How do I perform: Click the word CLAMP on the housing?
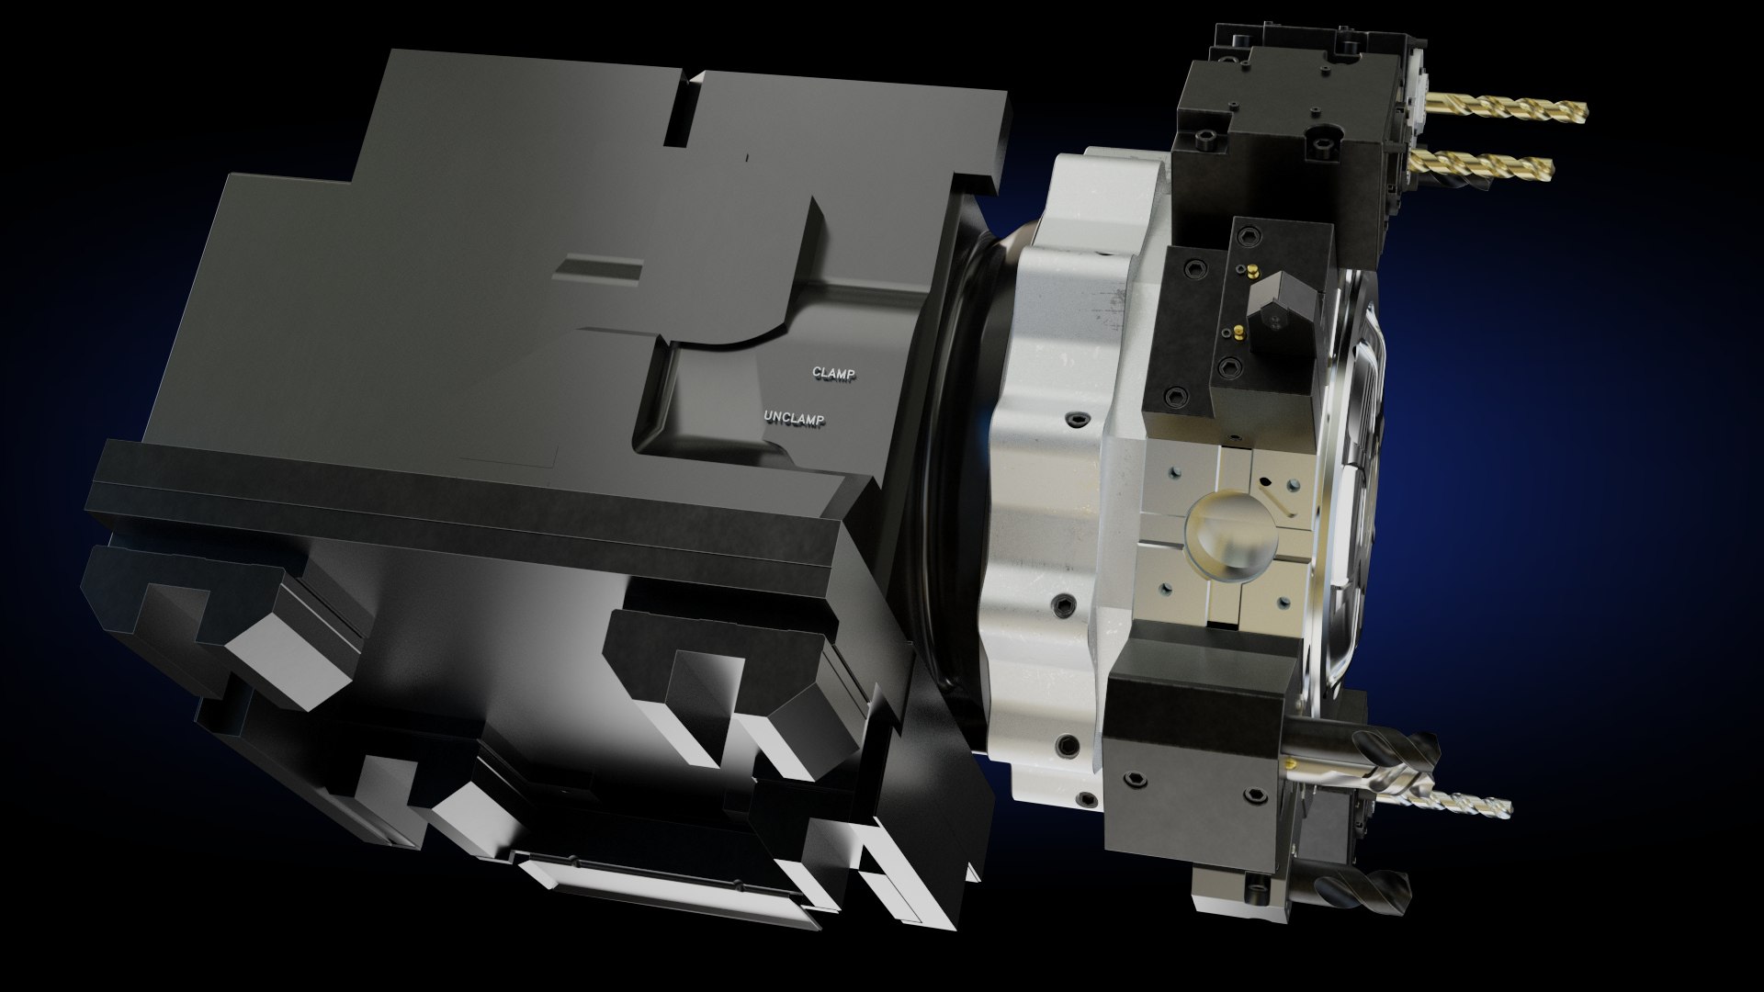click(833, 373)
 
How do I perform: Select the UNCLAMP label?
click(795, 419)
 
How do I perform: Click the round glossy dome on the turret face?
click(1230, 541)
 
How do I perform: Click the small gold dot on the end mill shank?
click(1295, 761)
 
